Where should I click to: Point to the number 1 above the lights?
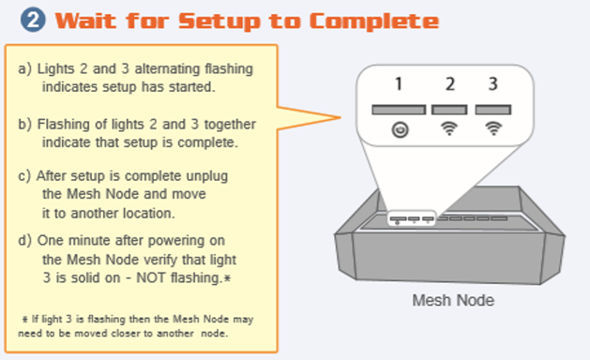point(399,85)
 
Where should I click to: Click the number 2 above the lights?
point(450,85)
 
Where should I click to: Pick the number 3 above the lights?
point(494,85)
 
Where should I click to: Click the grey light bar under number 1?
point(399,110)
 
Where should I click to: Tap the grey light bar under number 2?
point(449,110)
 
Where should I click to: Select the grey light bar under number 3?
point(494,110)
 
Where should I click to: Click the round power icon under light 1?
point(399,129)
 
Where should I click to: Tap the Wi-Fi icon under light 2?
point(449,129)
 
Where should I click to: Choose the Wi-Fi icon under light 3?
point(494,129)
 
